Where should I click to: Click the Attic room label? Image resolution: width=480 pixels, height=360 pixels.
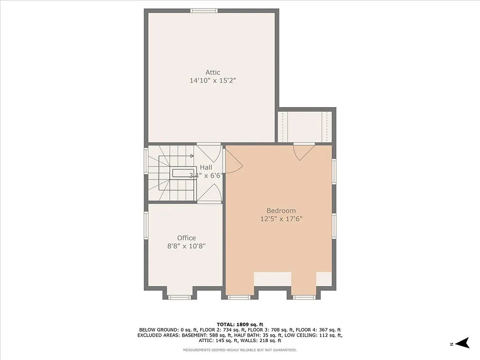[213, 72]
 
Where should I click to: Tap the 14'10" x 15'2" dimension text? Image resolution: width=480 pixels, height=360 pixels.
[213, 81]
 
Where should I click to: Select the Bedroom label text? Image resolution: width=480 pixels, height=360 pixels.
[281, 211]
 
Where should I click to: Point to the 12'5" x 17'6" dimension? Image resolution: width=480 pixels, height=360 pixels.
[281, 219]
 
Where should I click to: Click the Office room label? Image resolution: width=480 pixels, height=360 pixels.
[186, 238]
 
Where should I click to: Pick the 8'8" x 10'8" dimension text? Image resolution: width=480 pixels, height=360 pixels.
[186, 246]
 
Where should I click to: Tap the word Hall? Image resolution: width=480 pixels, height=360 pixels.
[206, 167]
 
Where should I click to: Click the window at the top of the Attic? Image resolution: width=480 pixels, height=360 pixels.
[204, 10]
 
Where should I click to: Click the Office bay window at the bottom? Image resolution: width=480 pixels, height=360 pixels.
[179, 297]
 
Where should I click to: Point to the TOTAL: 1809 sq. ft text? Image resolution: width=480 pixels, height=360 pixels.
[240, 324]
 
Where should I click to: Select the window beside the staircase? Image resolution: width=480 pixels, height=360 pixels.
[146, 161]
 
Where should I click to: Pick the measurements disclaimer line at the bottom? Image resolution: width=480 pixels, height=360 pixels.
[240, 350]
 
